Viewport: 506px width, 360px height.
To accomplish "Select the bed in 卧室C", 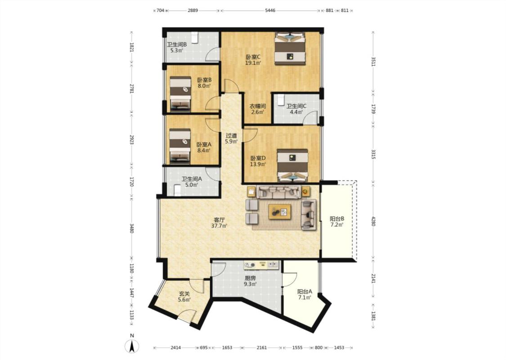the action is [290, 49].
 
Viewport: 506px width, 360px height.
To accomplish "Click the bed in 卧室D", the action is [292, 166].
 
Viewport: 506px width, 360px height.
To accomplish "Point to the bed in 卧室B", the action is [180, 92].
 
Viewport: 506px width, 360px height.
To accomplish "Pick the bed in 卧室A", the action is [180, 145].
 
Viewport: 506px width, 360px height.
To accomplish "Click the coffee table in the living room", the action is [280, 211].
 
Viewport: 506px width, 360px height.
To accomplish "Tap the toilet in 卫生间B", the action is [195, 37].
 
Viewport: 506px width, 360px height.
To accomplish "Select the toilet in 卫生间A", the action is [178, 190].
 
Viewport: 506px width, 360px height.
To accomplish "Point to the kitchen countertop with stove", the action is [261, 265].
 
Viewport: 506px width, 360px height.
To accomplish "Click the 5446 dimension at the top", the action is [270, 10].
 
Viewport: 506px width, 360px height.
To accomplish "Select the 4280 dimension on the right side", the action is [373, 221].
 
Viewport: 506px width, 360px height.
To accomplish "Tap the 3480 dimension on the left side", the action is [131, 229].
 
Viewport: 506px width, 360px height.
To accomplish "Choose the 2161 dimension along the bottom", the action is [262, 348].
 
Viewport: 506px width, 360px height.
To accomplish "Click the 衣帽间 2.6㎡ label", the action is [258, 109].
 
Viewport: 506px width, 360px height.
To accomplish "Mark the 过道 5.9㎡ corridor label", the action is [231, 139].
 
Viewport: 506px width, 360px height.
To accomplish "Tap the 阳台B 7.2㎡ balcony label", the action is [337, 221].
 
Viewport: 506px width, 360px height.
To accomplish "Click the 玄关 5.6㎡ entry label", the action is [184, 297].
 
